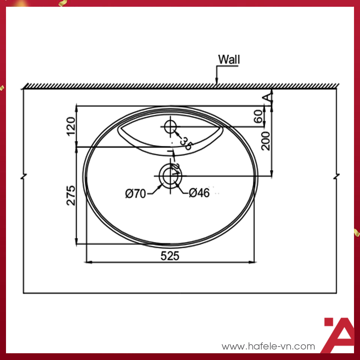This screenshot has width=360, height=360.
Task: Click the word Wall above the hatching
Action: pyautogui.click(x=229, y=59)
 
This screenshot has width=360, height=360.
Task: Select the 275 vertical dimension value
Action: pyautogui.click(x=70, y=195)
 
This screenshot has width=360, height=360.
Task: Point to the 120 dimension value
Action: pyautogui.click(x=70, y=126)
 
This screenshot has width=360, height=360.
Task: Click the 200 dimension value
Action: pyautogui.click(x=266, y=141)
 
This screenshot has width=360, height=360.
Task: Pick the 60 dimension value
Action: pyautogui.click(x=258, y=117)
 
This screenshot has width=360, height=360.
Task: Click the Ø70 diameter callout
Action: pyautogui.click(x=135, y=193)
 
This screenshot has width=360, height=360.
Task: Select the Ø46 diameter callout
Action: pyautogui.click(x=199, y=193)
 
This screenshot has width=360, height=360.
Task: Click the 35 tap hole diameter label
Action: pyautogui.click(x=185, y=143)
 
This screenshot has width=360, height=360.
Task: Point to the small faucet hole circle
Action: pyautogui.click(x=171, y=127)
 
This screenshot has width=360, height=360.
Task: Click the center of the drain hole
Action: pyautogui.click(x=170, y=175)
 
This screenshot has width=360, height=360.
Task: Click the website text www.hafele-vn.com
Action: pyautogui.click(x=268, y=346)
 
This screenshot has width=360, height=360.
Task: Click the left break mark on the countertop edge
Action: pyautogui.click(x=24, y=176)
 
